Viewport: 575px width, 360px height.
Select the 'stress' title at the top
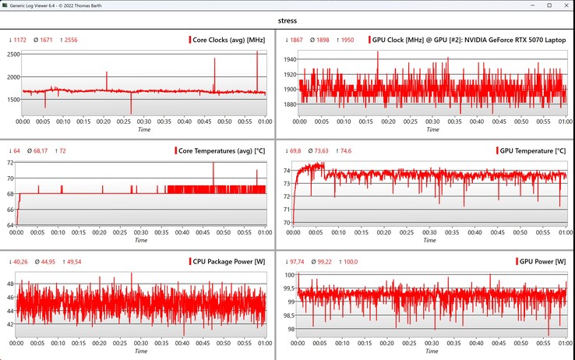click(287, 22)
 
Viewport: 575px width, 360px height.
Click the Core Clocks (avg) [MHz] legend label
click(229, 40)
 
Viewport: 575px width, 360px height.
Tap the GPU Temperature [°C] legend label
click(532, 150)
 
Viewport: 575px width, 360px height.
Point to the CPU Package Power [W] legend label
click(228, 261)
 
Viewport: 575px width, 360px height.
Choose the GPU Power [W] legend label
click(543, 261)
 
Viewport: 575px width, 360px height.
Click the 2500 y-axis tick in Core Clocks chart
click(12, 54)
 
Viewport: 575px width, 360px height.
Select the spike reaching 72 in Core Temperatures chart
click(213, 164)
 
